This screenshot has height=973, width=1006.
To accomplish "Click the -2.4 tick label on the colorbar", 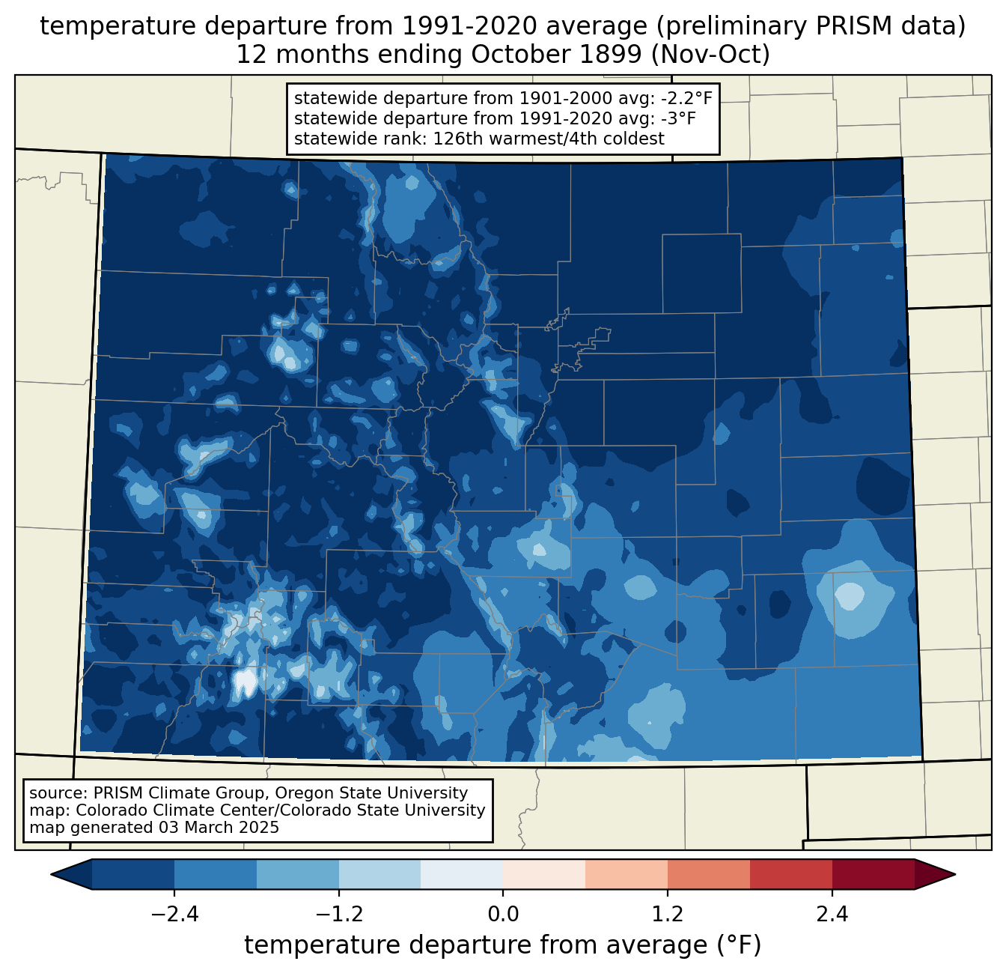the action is point(174,915).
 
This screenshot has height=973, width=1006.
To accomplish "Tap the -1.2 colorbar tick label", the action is point(339,915).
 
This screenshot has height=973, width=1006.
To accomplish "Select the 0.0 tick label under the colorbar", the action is point(503,915).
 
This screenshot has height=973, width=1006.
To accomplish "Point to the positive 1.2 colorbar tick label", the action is point(668,915).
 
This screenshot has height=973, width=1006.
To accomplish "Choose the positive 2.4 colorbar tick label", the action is point(832,915).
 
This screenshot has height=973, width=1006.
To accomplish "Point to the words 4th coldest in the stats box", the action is point(608,139).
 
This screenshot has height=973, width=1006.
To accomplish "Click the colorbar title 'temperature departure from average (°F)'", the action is point(503,945).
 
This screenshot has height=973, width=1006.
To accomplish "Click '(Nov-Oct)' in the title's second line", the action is point(710,55).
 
